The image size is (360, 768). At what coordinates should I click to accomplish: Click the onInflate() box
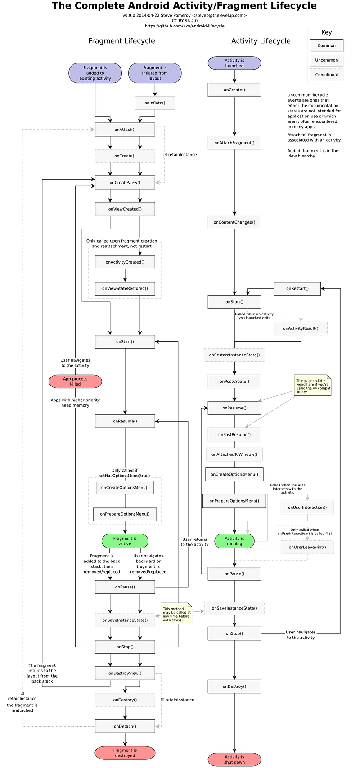(x=155, y=103)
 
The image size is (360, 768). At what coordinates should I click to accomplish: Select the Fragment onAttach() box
(x=125, y=130)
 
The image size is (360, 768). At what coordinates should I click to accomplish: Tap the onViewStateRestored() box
(x=125, y=289)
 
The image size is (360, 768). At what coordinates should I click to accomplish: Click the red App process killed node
(x=75, y=382)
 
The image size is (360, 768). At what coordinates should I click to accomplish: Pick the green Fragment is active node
(x=125, y=541)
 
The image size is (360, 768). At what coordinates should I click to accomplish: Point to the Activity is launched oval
(x=234, y=63)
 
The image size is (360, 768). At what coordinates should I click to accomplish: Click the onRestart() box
(x=297, y=288)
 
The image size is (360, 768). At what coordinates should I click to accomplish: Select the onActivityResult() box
(x=300, y=328)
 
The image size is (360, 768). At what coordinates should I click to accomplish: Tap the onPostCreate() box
(x=234, y=382)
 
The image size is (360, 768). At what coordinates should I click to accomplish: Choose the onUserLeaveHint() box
(x=307, y=547)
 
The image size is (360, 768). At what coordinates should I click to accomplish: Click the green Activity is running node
(x=234, y=541)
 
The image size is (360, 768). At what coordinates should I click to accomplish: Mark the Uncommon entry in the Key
(x=326, y=60)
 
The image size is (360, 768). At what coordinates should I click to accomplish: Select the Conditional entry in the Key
(x=326, y=75)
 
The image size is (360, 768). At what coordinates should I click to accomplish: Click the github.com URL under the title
(x=184, y=26)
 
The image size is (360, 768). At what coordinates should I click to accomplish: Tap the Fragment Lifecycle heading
(x=121, y=41)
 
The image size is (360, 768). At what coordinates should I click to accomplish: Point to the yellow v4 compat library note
(x=313, y=386)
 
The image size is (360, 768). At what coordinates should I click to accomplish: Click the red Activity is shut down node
(x=234, y=759)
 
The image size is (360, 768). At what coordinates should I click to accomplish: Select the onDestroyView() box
(x=125, y=674)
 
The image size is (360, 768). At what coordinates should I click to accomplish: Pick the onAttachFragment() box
(x=234, y=143)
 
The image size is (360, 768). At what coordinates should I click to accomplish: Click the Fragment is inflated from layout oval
(x=155, y=73)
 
